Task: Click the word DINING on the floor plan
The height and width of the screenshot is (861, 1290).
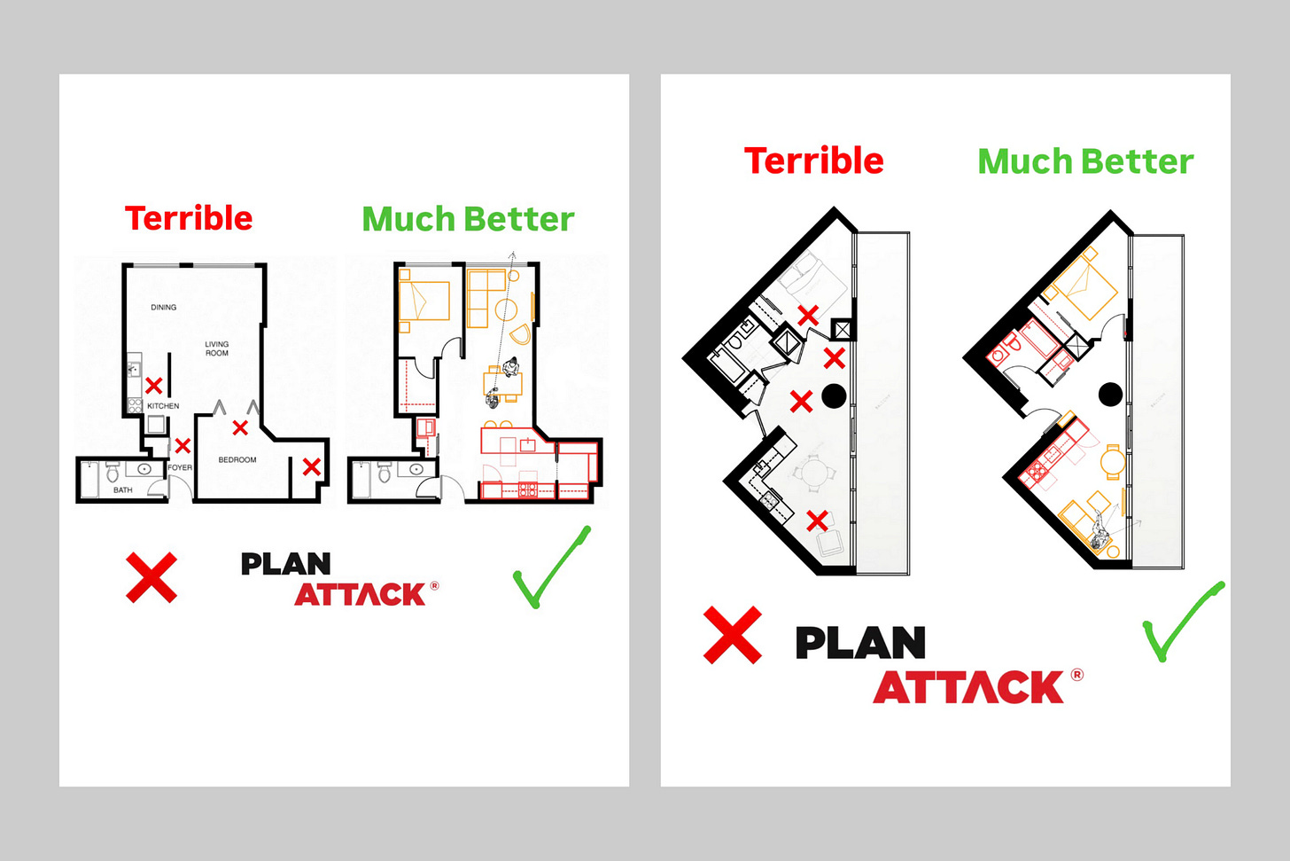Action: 164,308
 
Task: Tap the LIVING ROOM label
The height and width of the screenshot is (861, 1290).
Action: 217,348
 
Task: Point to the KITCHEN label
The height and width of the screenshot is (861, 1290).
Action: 163,406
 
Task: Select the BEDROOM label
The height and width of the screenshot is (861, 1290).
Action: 237,460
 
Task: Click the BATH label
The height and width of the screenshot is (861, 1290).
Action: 123,490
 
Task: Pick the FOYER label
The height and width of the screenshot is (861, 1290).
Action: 180,467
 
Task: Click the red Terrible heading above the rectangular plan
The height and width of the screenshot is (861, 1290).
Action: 189,218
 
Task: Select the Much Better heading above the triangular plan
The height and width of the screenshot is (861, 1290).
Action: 1085,161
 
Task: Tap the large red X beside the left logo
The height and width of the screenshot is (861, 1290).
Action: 152,577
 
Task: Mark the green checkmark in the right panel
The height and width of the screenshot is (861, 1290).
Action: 1182,623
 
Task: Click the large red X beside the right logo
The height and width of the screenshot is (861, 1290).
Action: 732,635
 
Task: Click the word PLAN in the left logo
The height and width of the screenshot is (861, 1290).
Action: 285,564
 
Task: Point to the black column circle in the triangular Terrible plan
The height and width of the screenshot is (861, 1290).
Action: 834,395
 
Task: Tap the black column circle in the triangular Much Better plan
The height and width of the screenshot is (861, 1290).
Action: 1110,394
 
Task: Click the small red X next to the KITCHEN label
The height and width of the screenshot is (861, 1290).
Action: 154,385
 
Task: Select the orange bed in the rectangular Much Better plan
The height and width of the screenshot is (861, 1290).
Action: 424,301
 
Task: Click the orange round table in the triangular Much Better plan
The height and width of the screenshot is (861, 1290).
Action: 1113,461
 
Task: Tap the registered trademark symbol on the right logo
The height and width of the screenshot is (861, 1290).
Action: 1077,675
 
